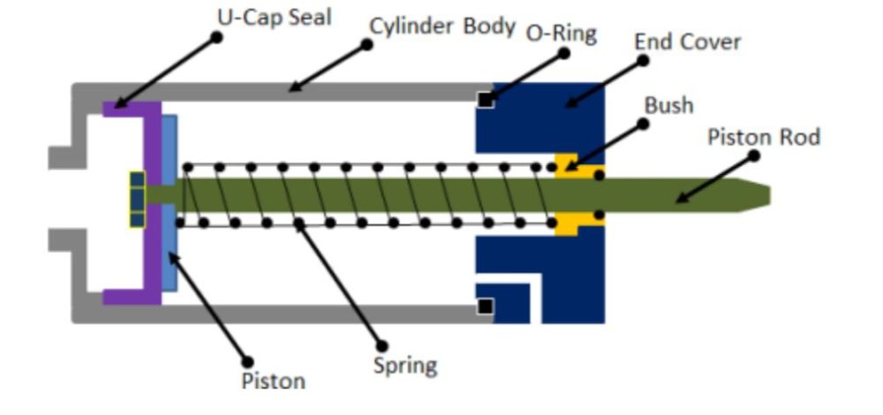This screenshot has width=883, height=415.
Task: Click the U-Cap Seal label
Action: tap(275, 18)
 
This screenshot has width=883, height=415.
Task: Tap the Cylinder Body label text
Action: tap(442, 26)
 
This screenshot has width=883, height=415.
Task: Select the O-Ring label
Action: tap(561, 34)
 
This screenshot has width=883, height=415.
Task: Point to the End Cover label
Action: tap(687, 41)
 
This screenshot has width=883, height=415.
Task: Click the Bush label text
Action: tap(668, 105)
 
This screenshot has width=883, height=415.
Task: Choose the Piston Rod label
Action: tap(763, 137)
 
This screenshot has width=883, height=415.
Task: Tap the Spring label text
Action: tap(405, 366)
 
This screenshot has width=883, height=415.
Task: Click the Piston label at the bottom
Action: tap(273, 381)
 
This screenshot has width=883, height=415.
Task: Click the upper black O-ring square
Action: tap(486, 101)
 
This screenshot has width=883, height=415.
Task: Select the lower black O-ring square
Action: tap(485, 306)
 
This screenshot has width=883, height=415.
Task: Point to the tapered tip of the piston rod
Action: tap(755, 195)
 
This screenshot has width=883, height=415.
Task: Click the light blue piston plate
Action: tap(170, 203)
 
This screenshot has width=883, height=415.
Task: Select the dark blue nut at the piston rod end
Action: tap(137, 200)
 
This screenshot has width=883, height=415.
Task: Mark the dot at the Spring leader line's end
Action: tap(382, 346)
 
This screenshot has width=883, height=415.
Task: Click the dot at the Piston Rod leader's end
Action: tap(754, 156)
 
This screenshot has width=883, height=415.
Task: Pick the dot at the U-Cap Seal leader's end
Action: tap(216, 37)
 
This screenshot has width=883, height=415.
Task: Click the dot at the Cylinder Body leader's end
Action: tap(366, 44)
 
